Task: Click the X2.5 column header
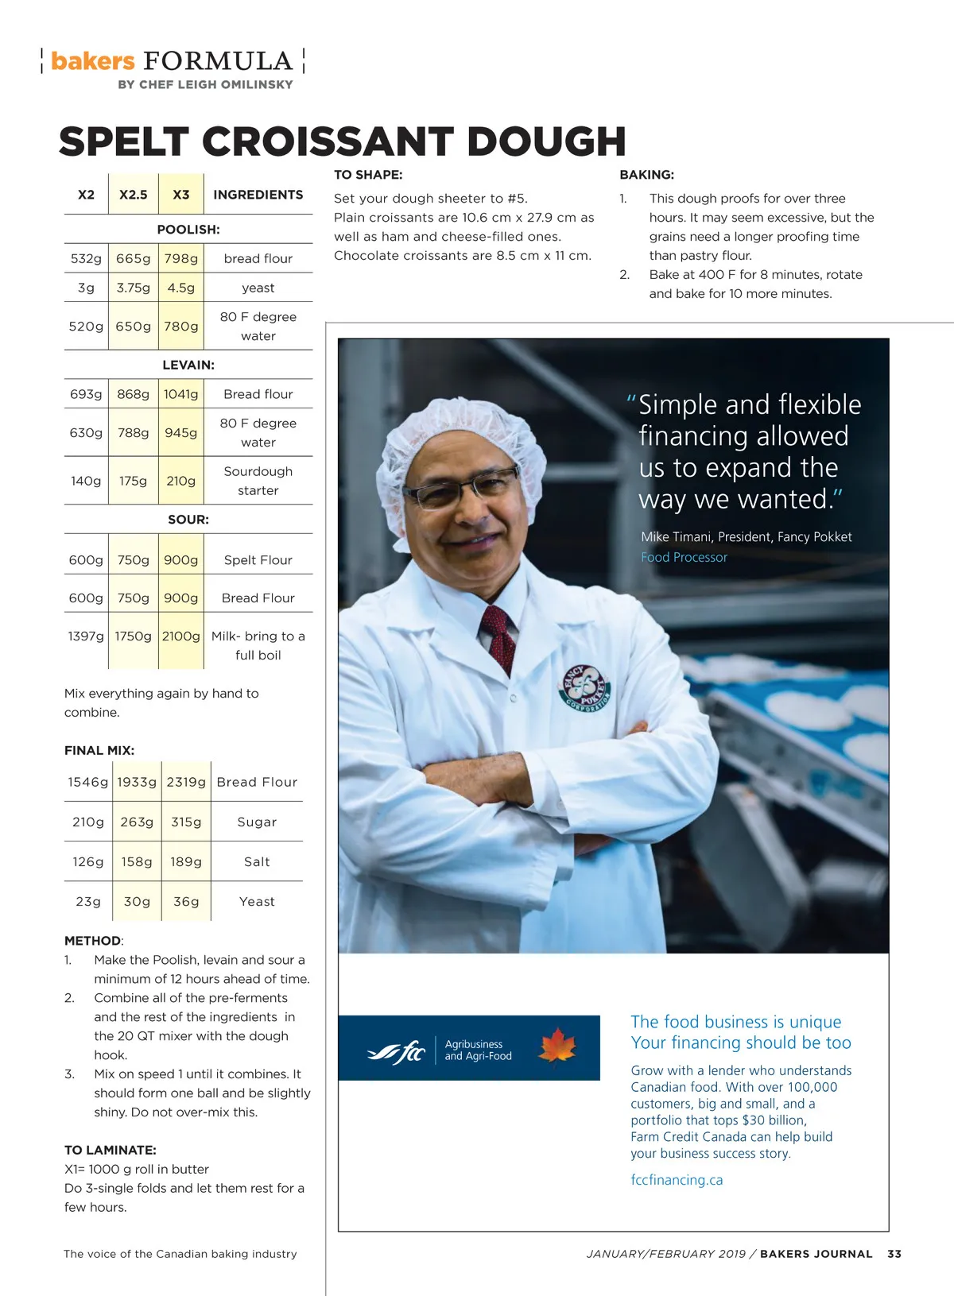coord(133,195)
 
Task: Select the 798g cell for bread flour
coord(181,258)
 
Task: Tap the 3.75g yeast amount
coord(133,288)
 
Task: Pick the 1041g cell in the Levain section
coord(181,394)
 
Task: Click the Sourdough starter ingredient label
coord(258,481)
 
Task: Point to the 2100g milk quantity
coord(181,636)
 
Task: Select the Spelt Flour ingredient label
coord(258,560)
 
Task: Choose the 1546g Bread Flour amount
coord(87,782)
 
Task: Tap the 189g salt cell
coord(186,861)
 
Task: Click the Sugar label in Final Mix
coord(257,822)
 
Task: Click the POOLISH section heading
coord(188,230)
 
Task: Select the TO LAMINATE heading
coord(111,1150)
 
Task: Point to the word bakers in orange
coord(93,61)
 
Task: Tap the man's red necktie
coord(500,636)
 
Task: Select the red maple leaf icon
coord(557,1046)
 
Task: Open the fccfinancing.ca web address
coord(677,1180)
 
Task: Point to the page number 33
coord(894,1254)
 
